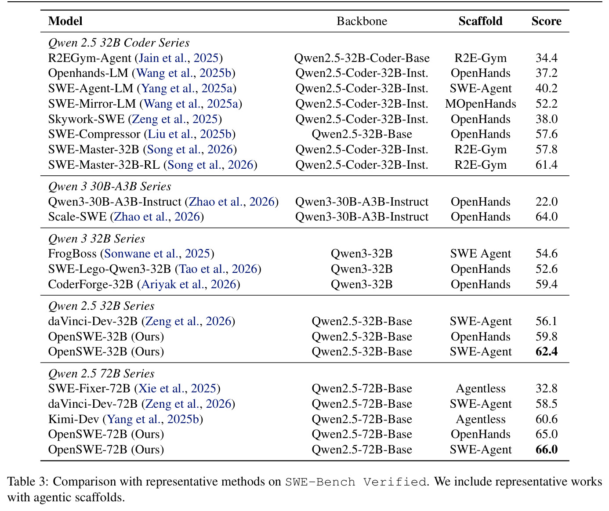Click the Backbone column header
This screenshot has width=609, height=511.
click(362, 21)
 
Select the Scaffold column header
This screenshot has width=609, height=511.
click(480, 21)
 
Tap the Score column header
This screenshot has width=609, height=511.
click(546, 21)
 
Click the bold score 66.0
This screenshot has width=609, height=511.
click(546, 449)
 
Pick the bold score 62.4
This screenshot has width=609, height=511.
click(546, 352)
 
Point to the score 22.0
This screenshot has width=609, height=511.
click(546, 202)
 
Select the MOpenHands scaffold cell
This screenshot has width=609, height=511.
click(480, 104)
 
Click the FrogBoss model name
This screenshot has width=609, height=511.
click(72, 254)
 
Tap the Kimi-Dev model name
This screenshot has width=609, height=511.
click(73, 419)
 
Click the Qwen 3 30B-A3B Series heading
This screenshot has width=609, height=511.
click(110, 186)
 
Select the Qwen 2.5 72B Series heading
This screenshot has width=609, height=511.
click(101, 373)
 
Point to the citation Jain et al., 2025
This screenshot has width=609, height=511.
click(178, 58)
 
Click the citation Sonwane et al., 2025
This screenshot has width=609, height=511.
click(157, 254)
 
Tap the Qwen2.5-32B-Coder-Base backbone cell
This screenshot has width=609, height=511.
click(362, 58)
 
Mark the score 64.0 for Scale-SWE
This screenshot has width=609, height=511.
click(546, 217)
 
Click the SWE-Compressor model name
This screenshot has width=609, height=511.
click(94, 134)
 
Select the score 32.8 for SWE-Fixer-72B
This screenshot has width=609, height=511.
click(546, 388)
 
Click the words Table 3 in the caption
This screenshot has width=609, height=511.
click(28, 482)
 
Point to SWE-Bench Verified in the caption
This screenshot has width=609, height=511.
click(356, 482)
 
